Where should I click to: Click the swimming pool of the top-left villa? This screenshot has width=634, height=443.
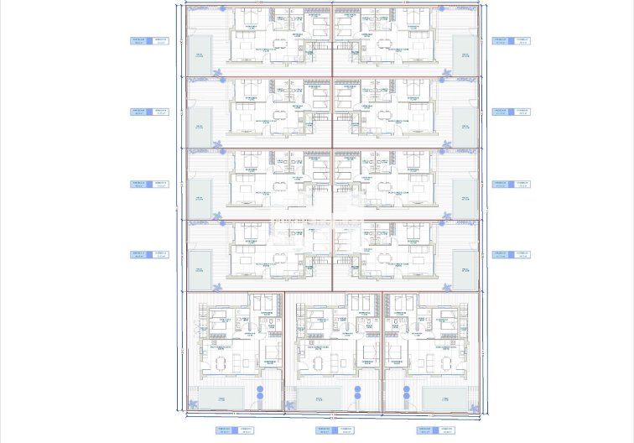(200, 54)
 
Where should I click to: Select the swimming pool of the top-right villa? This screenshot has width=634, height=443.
(465, 54)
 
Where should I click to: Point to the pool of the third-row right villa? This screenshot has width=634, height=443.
(465, 196)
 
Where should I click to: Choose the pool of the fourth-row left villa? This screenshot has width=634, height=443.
(200, 268)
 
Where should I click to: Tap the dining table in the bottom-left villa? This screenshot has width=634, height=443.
(222, 362)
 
